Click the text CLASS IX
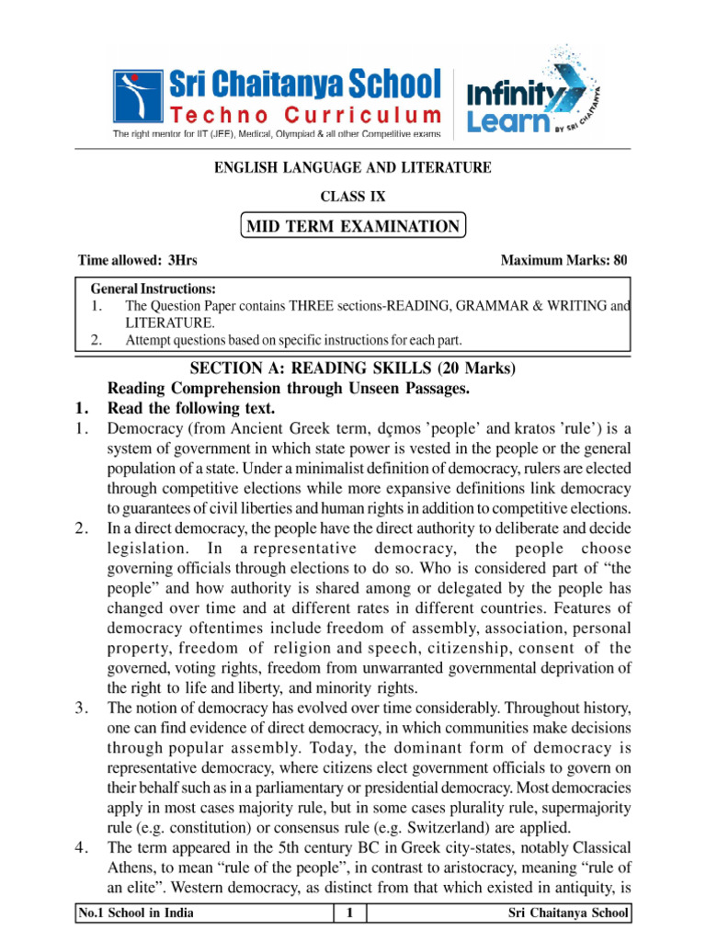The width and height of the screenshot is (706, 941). click(x=353, y=197)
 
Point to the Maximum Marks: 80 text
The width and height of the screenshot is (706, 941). click(x=564, y=261)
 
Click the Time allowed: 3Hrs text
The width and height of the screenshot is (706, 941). click(x=138, y=261)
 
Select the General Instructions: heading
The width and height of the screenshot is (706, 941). click(x=153, y=288)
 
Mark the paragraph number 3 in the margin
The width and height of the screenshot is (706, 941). click(x=81, y=708)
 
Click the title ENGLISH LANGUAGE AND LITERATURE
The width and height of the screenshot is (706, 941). click(x=353, y=167)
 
